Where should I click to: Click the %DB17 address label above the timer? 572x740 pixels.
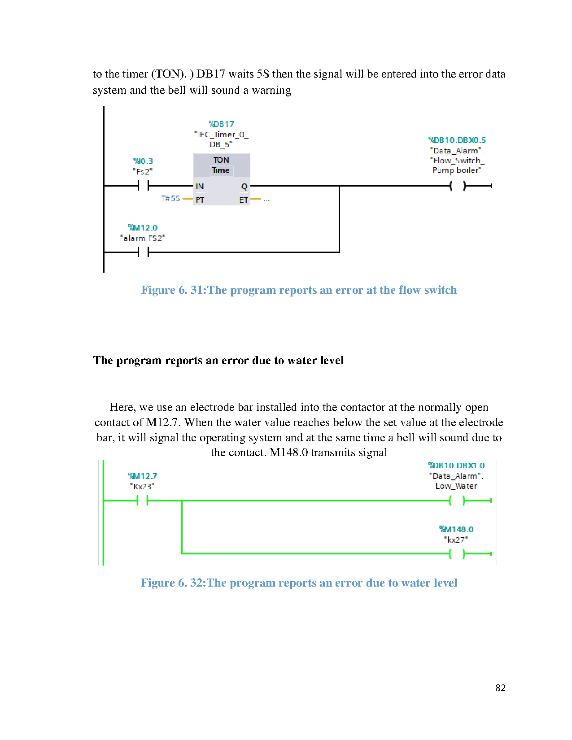click(x=221, y=124)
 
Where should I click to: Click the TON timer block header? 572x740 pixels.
click(x=221, y=165)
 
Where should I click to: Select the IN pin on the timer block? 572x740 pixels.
click(x=200, y=186)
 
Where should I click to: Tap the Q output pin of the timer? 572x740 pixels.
click(x=244, y=186)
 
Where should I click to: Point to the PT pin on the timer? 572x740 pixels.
click(x=200, y=200)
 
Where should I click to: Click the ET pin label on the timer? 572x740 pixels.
click(x=243, y=200)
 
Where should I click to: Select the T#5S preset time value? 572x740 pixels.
click(x=170, y=198)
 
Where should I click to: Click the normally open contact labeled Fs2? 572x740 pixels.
click(x=143, y=186)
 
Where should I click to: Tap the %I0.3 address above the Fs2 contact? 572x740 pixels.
click(x=143, y=161)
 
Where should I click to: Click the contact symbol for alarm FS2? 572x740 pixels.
click(x=143, y=252)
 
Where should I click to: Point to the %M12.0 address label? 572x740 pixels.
click(x=143, y=228)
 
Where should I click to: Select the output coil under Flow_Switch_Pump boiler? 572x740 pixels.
click(x=458, y=186)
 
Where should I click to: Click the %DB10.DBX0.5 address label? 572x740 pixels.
click(x=457, y=140)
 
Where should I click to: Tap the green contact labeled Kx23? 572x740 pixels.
click(x=143, y=501)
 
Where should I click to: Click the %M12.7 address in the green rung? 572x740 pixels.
click(x=143, y=476)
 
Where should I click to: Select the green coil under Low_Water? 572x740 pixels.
click(x=457, y=501)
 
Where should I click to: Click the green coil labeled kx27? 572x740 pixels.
click(x=457, y=554)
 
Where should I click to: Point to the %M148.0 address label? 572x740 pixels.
click(x=456, y=529)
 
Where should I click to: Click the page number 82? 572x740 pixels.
click(x=500, y=688)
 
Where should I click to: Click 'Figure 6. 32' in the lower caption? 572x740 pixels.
click(x=172, y=583)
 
